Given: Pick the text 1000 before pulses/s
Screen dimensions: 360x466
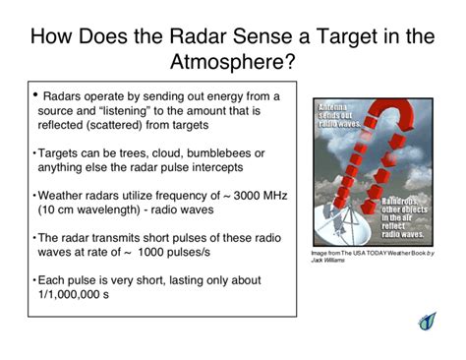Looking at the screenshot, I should tap(164, 252).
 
